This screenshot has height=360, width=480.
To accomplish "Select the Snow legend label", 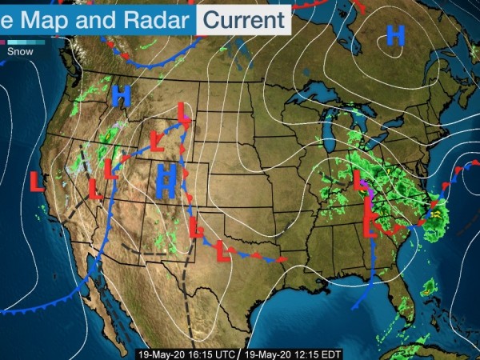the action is click(x=20, y=51).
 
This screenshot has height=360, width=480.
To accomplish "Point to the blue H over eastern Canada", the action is click(x=395, y=35).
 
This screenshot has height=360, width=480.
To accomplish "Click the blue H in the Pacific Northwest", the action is click(x=121, y=95).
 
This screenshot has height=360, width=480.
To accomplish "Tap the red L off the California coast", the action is click(x=37, y=181).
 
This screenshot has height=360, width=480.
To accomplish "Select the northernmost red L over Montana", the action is click(x=183, y=112).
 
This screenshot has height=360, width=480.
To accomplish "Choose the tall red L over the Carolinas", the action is click(x=370, y=218).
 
